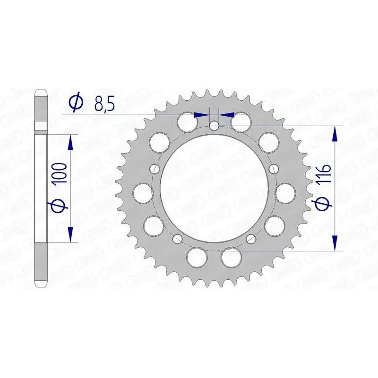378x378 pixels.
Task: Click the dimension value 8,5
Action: click(x=104, y=103)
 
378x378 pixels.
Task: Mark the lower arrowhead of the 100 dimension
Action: click(x=70, y=235)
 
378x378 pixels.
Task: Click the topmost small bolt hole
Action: click(x=215, y=126)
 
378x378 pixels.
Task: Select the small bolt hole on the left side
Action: click(x=155, y=169)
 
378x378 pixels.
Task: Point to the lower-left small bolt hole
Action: click(x=178, y=238)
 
